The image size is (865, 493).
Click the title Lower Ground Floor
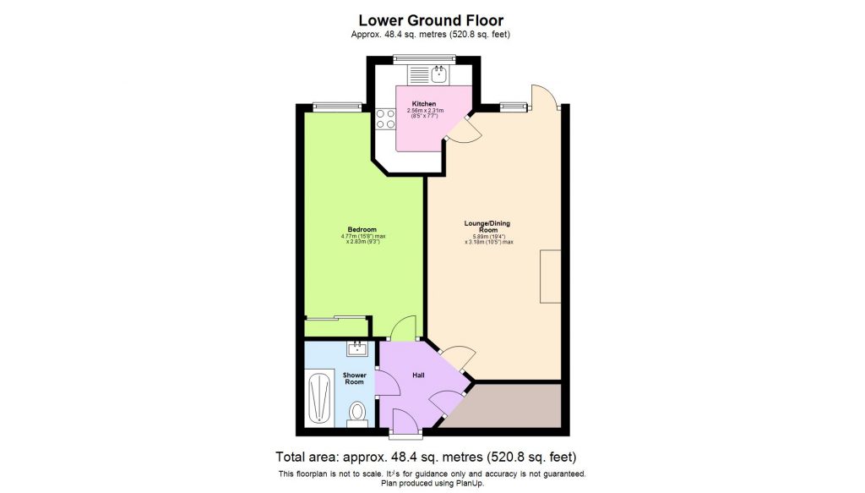[431, 19]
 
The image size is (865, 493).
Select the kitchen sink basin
[438, 75]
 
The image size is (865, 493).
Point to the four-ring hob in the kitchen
[385, 118]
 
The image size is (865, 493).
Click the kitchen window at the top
[425, 58]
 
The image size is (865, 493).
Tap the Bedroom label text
[362, 229]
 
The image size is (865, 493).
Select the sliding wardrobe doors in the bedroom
[333, 318]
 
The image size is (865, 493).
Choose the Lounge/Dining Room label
[487, 227]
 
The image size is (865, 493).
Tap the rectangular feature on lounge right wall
[550, 277]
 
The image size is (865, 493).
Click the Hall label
[417, 374]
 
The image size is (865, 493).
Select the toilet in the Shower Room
[356, 413]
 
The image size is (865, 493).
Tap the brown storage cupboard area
[507, 403]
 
